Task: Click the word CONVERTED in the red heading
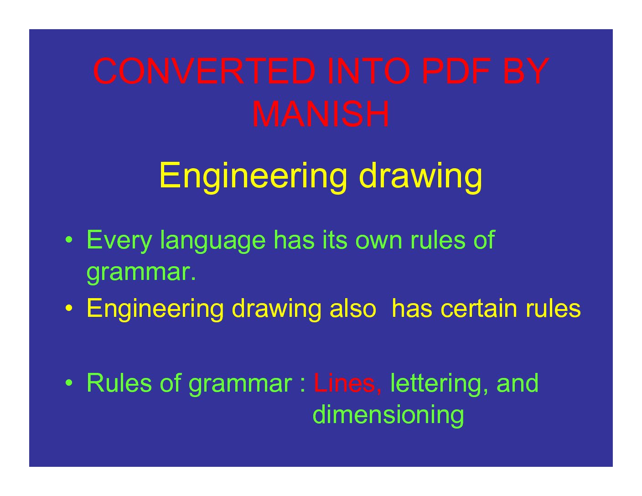tap(204, 71)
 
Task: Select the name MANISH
tap(321, 114)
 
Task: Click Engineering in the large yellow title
tap(253, 177)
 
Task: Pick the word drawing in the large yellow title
tap(421, 177)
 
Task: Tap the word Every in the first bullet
tap(119, 241)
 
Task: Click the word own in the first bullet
tap(378, 243)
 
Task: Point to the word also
tap(352, 308)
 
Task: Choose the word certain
tap(479, 308)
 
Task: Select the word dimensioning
tap(388, 415)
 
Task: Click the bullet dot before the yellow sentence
tap(68, 308)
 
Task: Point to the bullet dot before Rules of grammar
tap(68, 383)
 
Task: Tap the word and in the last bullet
tap(518, 383)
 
